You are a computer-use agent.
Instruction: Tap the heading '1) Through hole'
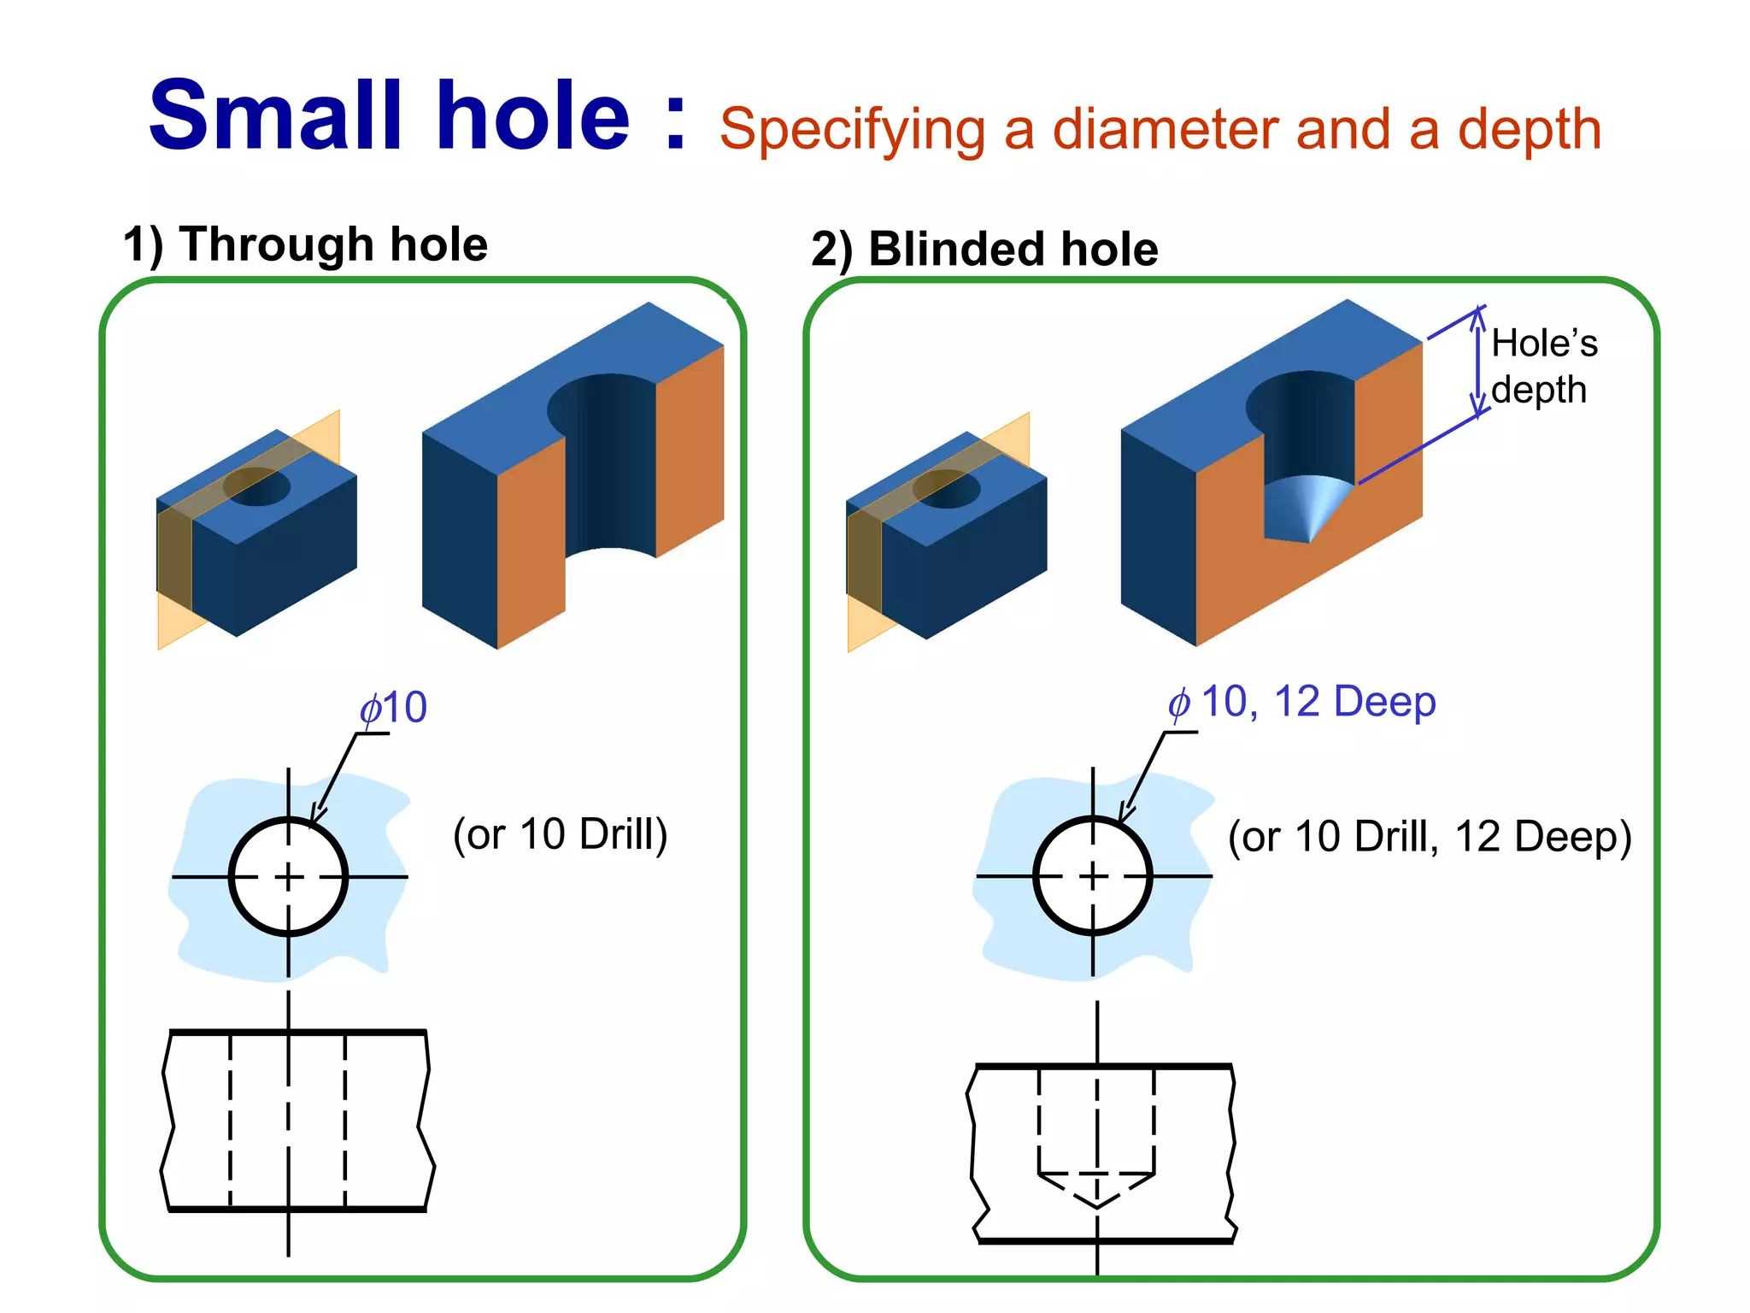coord(305,244)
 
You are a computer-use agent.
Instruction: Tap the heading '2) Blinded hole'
coord(984,250)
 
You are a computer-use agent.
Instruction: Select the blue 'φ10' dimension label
coord(393,708)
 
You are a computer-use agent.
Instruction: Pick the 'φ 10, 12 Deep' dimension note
coord(1301,703)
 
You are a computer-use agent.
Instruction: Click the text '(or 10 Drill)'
coord(560,834)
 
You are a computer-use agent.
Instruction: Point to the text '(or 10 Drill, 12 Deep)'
coord(1429,837)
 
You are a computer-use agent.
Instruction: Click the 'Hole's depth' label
coord(1543,367)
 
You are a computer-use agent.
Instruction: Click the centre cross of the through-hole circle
coord(289,876)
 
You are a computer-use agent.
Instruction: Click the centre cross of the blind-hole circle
coord(1093,876)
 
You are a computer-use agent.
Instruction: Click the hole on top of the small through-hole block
coord(256,486)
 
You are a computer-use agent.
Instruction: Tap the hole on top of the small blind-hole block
coord(946,488)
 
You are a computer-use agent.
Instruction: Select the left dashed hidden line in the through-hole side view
coord(231,1120)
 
